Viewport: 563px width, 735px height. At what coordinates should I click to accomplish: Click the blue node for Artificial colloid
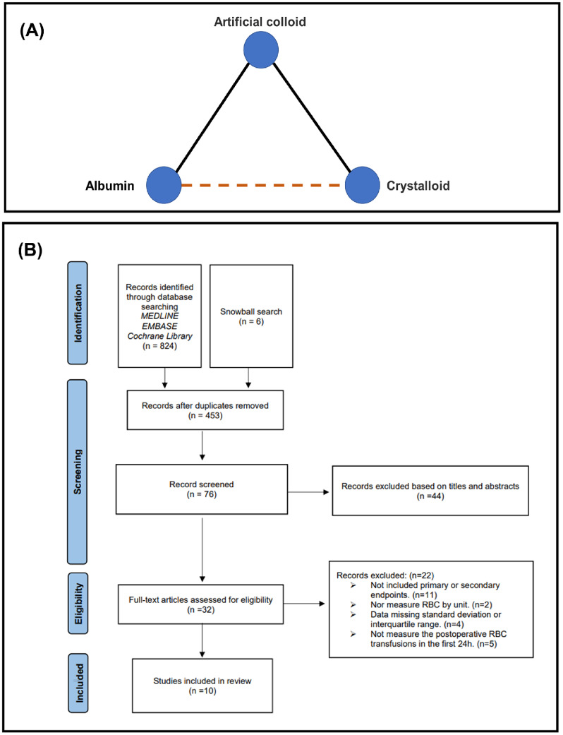tap(262, 49)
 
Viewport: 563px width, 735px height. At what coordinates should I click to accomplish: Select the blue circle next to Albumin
tap(164, 186)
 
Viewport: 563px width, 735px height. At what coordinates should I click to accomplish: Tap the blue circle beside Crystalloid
tap(363, 186)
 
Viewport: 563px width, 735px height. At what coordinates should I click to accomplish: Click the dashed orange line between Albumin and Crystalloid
tap(263, 186)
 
